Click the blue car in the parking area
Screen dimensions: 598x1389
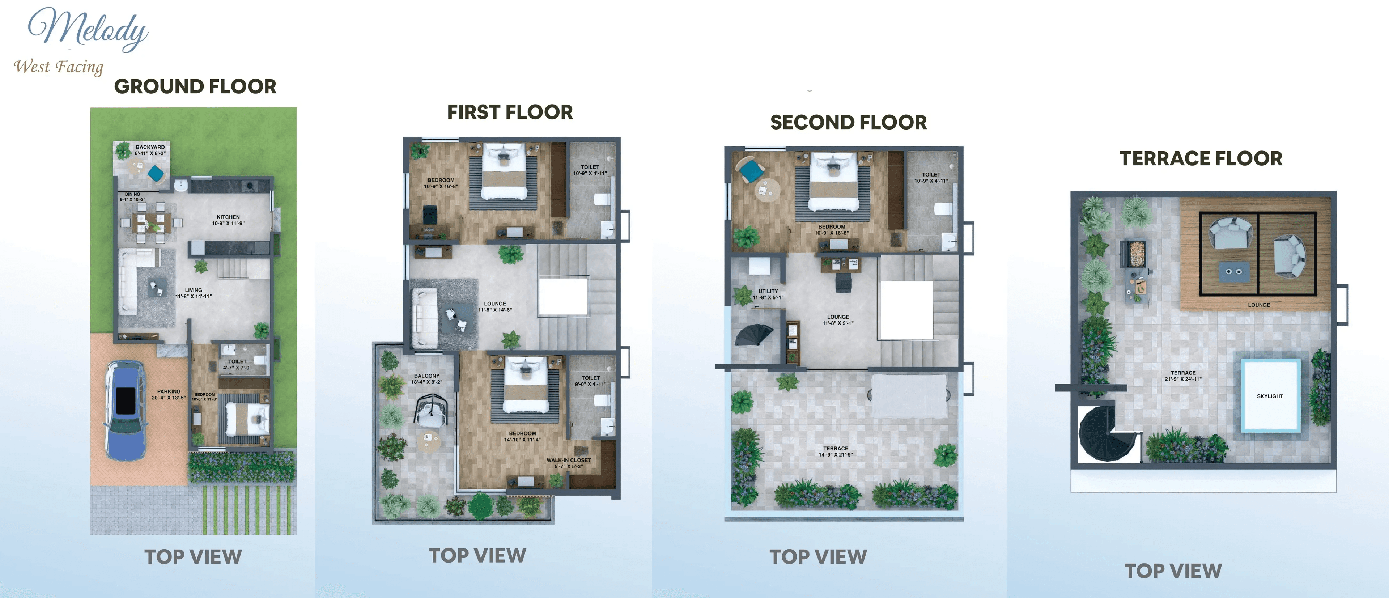(126, 410)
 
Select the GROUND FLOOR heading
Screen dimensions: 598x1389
(195, 86)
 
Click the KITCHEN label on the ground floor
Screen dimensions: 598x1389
(228, 220)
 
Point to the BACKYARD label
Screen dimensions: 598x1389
(150, 150)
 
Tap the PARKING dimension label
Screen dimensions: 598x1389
(169, 395)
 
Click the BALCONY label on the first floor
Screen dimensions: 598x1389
(426, 378)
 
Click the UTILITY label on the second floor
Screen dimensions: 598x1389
(768, 294)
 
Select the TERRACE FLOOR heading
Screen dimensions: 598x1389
(1201, 158)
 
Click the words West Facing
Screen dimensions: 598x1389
(58, 67)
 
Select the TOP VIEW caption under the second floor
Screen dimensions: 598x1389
(818, 556)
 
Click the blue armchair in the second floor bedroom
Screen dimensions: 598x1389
(750, 171)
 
